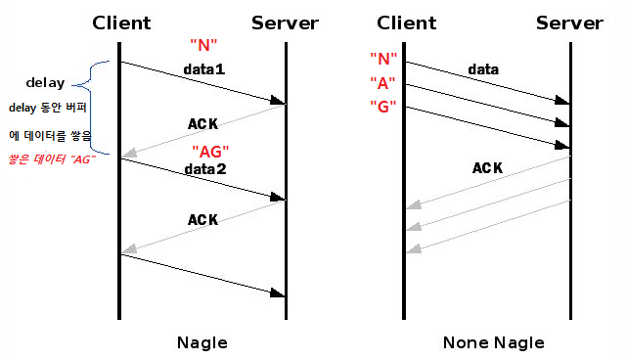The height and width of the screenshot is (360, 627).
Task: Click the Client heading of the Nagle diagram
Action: click(x=121, y=22)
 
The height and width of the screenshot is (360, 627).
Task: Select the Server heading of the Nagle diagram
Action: click(x=285, y=22)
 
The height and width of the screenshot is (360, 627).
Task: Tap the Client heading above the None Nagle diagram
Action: click(x=406, y=22)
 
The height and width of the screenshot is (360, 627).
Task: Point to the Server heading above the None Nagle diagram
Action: click(x=569, y=22)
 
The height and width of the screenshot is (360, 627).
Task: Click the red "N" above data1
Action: click(x=202, y=45)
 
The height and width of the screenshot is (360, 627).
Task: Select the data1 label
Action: click(x=204, y=70)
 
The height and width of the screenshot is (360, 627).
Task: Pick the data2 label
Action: click(x=204, y=169)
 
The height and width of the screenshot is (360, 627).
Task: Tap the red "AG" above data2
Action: click(x=211, y=153)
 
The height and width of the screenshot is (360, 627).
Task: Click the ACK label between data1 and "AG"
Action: click(x=202, y=124)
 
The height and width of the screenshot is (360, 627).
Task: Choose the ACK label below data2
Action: click(x=202, y=220)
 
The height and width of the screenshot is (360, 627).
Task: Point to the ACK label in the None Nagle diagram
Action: click(x=487, y=168)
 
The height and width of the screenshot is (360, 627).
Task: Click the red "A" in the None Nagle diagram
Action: click(x=381, y=82)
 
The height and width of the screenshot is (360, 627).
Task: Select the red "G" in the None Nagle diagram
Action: click(x=381, y=106)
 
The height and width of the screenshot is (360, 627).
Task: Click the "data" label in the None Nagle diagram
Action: click(x=483, y=69)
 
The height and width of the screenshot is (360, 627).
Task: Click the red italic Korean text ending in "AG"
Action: click(x=52, y=158)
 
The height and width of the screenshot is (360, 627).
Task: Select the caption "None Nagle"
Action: click(x=493, y=342)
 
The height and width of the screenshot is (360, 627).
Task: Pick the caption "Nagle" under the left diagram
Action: click(x=202, y=342)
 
